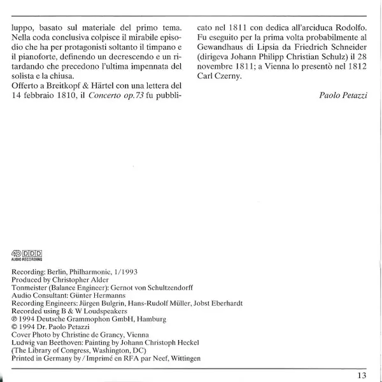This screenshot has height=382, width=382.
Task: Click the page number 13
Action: point(362,373)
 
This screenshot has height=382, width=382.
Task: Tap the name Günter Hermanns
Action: point(95,295)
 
